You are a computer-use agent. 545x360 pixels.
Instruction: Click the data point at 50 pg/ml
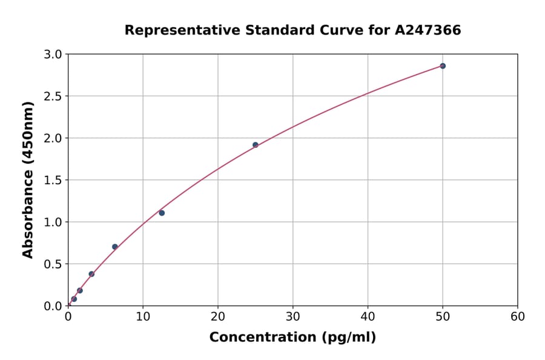443,66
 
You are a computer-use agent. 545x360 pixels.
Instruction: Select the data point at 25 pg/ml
256,145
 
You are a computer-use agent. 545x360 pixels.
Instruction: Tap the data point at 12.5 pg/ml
162,213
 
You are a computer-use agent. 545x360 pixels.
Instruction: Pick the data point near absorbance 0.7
115,247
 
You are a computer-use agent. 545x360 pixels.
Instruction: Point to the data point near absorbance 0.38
91,274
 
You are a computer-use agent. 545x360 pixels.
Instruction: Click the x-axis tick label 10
143,316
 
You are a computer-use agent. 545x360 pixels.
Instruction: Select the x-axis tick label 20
218,316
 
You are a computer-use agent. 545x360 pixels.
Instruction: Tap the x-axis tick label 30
293,316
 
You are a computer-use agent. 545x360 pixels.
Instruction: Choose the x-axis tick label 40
368,316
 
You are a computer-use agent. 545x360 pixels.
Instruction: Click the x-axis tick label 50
443,316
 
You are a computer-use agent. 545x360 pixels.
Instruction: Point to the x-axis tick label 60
518,316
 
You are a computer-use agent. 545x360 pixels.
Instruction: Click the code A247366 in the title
428,30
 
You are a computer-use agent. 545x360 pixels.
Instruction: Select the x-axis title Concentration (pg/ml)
292,338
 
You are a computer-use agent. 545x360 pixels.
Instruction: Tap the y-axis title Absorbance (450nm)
28,180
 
